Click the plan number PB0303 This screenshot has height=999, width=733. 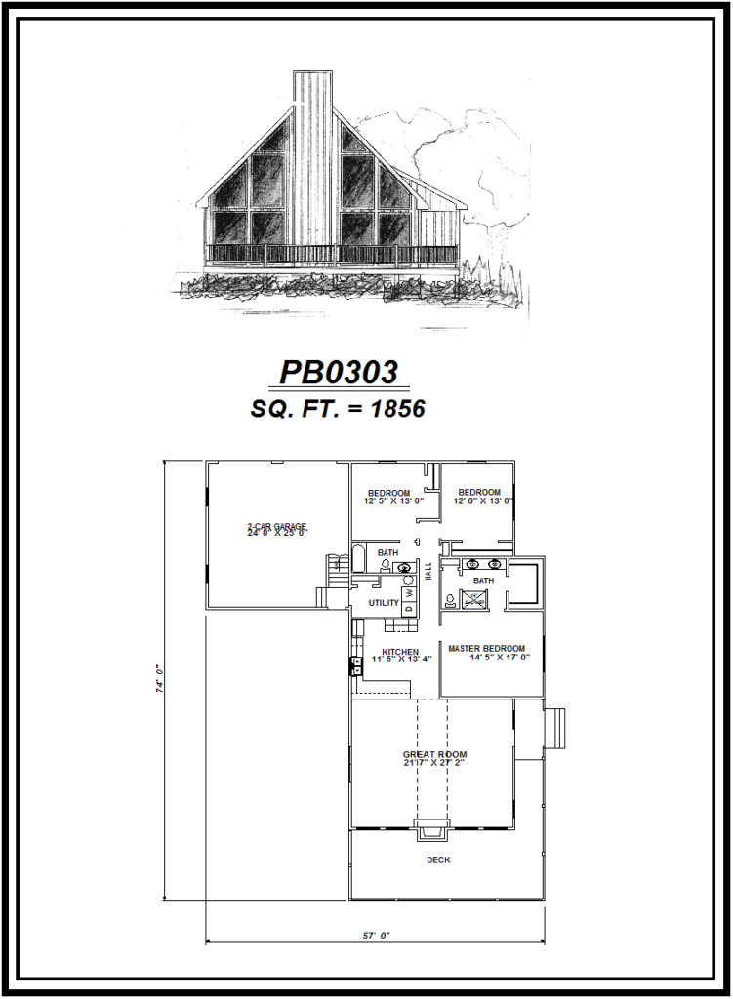coord(339,372)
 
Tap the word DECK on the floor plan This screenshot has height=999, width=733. coord(438,859)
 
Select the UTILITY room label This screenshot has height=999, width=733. coord(383,603)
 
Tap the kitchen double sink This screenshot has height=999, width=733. coord(356,668)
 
